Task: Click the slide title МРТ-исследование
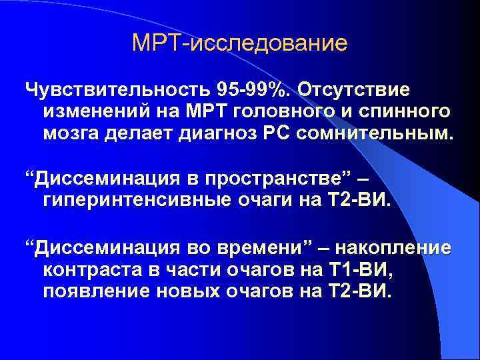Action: click(240, 44)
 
